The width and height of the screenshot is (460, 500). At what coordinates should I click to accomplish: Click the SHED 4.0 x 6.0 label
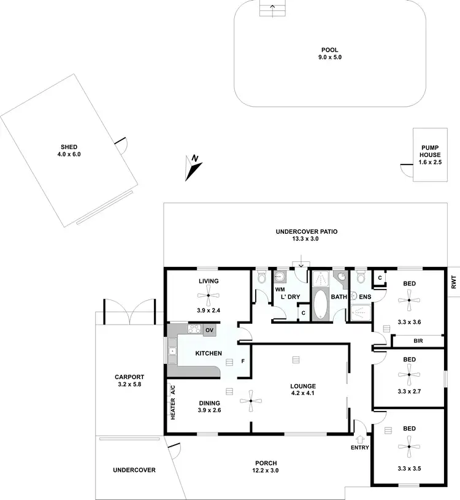point(70,151)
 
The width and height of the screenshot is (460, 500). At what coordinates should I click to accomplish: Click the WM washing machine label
point(280,289)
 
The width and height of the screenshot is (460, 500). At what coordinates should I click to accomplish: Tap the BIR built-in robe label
point(418,340)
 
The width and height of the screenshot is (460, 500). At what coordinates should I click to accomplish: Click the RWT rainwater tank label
point(454,282)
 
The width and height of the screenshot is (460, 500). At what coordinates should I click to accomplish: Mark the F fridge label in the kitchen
point(243,360)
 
